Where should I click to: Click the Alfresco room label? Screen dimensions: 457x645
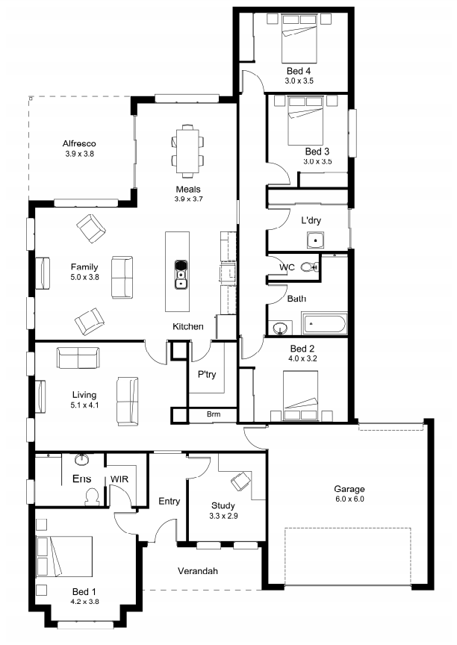(79, 143)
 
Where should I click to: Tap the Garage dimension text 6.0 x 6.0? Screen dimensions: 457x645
(349, 499)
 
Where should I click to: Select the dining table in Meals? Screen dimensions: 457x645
(187, 151)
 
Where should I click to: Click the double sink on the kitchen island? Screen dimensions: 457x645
(181, 275)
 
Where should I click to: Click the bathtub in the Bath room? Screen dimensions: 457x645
(324, 324)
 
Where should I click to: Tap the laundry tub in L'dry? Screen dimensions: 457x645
(316, 240)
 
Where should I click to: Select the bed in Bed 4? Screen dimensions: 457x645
(299, 39)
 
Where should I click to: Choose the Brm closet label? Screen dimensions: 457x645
(214, 414)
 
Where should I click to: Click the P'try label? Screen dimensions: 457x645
(207, 374)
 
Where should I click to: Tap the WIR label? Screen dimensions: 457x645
(119, 479)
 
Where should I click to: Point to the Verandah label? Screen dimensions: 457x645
(198, 571)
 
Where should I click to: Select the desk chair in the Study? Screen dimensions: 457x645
(240, 481)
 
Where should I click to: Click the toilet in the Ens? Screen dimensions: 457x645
(92, 496)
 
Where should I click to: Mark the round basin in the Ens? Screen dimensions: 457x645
(82, 459)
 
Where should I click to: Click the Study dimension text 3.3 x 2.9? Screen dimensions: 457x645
(223, 516)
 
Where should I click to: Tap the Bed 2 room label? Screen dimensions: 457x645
(302, 349)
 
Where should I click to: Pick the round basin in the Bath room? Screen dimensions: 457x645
(281, 328)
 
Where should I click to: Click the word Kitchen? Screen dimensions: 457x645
(188, 327)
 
